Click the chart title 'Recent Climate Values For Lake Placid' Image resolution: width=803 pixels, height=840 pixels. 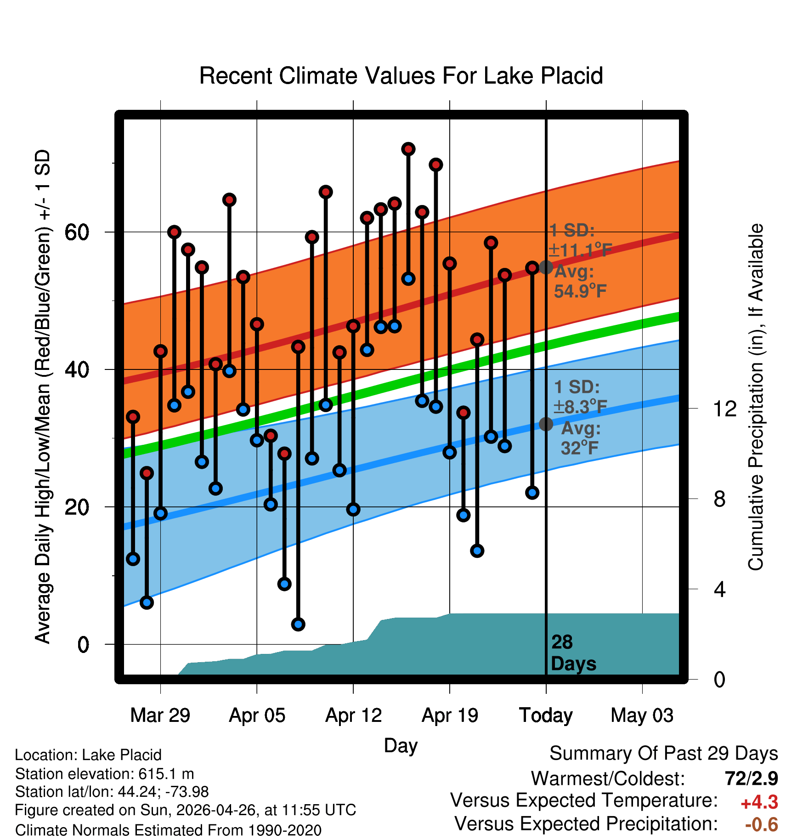pos(401,76)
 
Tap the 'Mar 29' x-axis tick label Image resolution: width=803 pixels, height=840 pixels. pos(160,715)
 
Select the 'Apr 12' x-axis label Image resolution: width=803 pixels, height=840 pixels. pos(353,715)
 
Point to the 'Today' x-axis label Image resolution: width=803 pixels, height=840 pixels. pos(546,715)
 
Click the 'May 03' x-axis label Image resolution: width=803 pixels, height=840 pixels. pos(642,715)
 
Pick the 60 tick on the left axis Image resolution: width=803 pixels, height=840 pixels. pos(77,233)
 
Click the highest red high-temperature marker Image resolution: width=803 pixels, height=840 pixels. pos(408,149)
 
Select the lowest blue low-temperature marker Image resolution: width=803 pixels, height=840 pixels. pos(298,624)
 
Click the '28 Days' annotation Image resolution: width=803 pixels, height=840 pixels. pos(573,653)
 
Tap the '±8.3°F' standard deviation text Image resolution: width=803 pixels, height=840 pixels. pos(580,407)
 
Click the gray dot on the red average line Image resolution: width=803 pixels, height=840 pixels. pos(546,267)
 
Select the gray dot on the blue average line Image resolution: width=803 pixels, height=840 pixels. pos(546,424)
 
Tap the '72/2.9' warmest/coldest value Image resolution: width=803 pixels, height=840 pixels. pos(752,778)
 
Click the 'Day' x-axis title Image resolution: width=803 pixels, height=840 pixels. pos(401,746)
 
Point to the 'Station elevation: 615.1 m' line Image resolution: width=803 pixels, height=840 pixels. pos(105,774)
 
